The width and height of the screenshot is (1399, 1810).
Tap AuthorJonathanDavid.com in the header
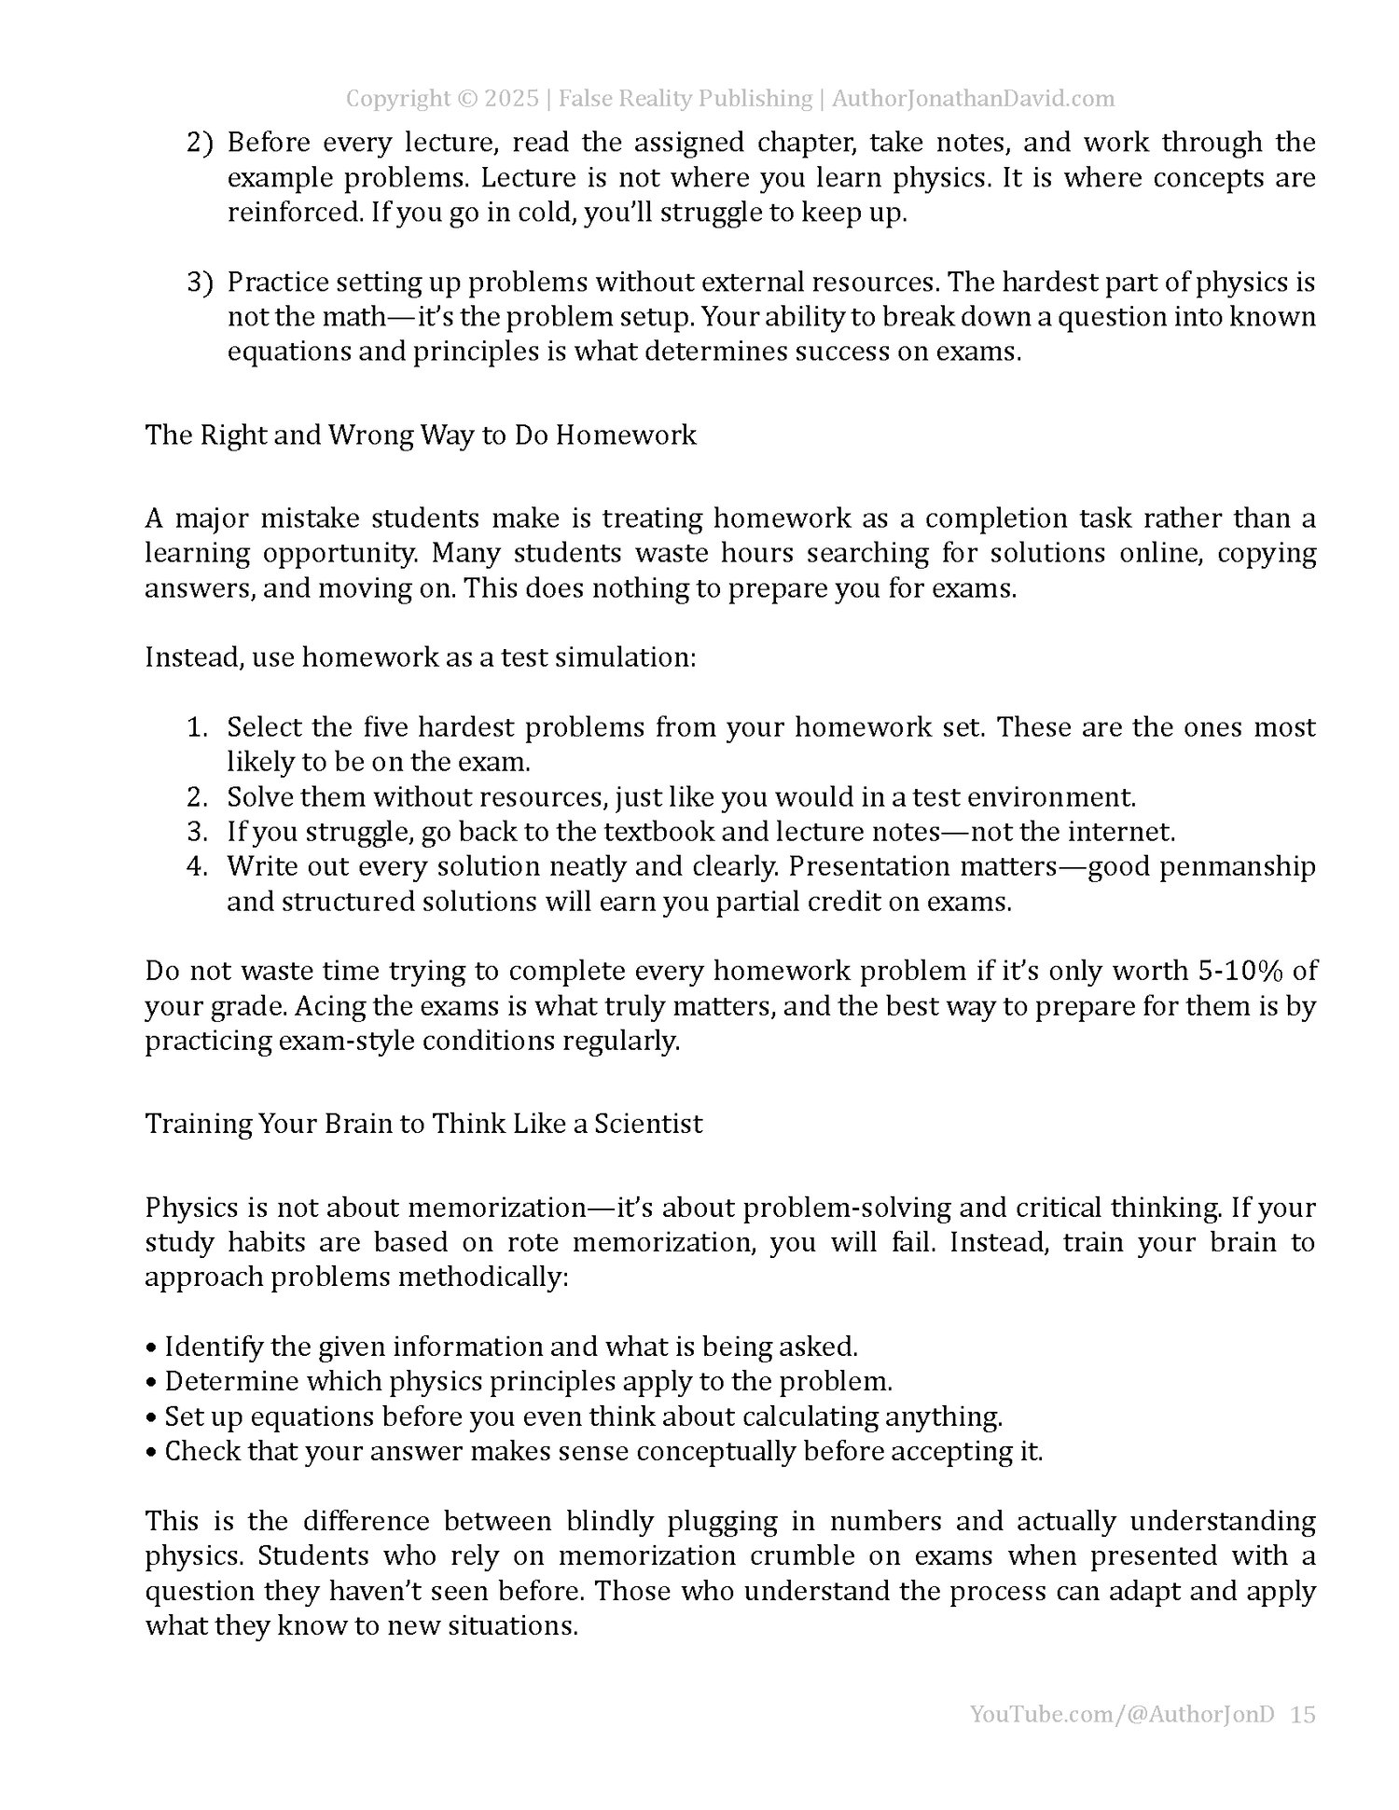(x=973, y=99)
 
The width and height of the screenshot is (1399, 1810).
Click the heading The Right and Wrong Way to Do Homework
(x=421, y=435)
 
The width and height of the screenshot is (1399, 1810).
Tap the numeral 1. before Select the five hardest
(x=197, y=726)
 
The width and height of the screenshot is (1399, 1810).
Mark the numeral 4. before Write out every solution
(x=197, y=866)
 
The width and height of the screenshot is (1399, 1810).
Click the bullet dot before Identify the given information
(x=151, y=1348)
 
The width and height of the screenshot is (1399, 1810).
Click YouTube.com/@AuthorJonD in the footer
(x=1122, y=1714)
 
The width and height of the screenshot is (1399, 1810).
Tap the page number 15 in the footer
(x=1304, y=1714)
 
